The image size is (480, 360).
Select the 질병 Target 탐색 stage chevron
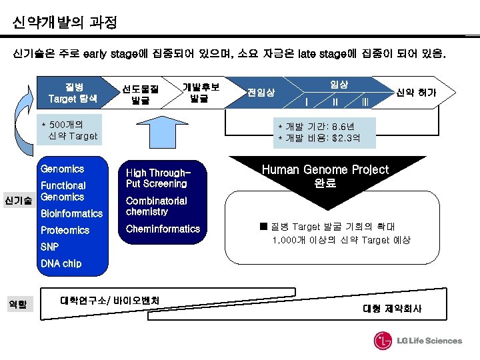tap(73, 93)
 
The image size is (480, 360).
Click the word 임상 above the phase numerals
tap(339, 84)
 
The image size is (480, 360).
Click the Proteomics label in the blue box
tap(65, 230)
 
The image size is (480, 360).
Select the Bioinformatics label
tap(71, 213)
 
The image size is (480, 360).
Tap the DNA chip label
tap(61, 263)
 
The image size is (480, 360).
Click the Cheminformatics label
tap(163, 229)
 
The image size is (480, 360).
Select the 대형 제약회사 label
tap(392, 309)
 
